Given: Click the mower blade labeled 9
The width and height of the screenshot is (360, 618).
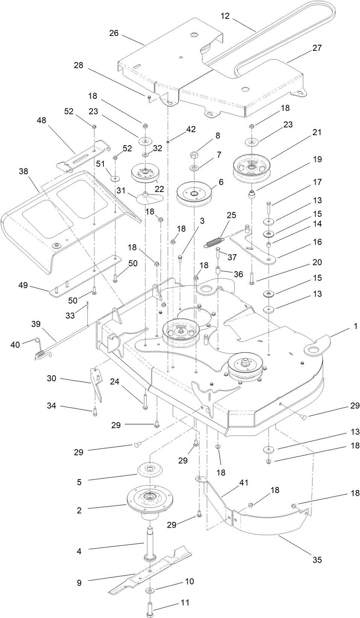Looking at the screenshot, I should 150,572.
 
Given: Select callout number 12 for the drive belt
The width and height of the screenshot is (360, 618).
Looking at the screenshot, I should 225,16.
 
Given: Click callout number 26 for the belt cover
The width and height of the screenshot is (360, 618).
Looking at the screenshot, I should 114,33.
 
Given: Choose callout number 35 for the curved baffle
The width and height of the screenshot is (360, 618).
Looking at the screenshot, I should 317,560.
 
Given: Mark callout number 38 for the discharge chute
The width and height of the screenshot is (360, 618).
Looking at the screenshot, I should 23,171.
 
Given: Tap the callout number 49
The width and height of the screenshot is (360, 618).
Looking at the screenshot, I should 23,285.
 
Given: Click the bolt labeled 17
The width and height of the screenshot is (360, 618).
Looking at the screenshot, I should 270,208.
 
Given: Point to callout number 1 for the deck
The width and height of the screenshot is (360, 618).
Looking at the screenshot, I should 355,326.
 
